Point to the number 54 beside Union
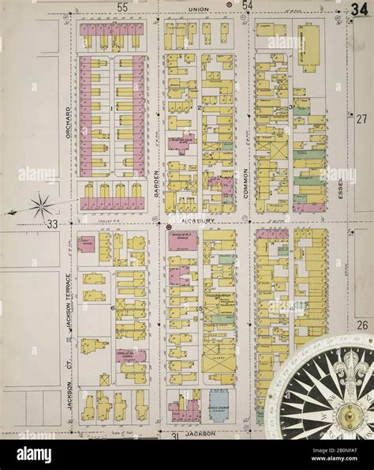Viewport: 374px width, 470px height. (247, 6)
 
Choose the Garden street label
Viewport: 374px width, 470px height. (157, 182)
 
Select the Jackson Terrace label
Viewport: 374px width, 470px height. (69, 312)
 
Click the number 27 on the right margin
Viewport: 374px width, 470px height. (361, 118)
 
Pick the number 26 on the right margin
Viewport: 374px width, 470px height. (361, 325)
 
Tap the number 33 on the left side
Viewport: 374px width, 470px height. (52, 224)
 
